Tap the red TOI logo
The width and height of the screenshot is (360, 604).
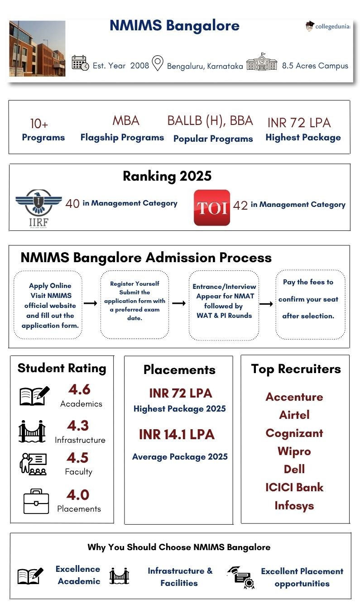(x=212, y=207)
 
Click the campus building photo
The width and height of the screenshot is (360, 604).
(x=37, y=48)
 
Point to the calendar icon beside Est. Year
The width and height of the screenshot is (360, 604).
(x=80, y=63)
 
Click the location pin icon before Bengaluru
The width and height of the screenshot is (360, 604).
(x=157, y=63)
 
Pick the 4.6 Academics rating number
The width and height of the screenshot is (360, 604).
(x=79, y=389)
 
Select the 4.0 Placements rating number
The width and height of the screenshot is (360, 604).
(x=78, y=494)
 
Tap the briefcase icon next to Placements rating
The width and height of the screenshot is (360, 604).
(x=36, y=501)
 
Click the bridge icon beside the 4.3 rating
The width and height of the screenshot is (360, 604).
(x=32, y=431)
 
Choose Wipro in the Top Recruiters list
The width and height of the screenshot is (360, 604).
(x=294, y=451)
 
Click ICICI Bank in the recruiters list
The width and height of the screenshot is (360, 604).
(x=294, y=488)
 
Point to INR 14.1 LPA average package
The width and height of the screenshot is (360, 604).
(x=177, y=435)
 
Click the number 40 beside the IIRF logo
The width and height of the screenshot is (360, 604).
(x=72, y=204)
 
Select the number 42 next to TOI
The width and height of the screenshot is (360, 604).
(x=240, y=206)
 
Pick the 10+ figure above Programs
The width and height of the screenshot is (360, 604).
(x=39, y=124)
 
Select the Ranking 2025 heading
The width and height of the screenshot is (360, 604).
(x=167, y=176)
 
